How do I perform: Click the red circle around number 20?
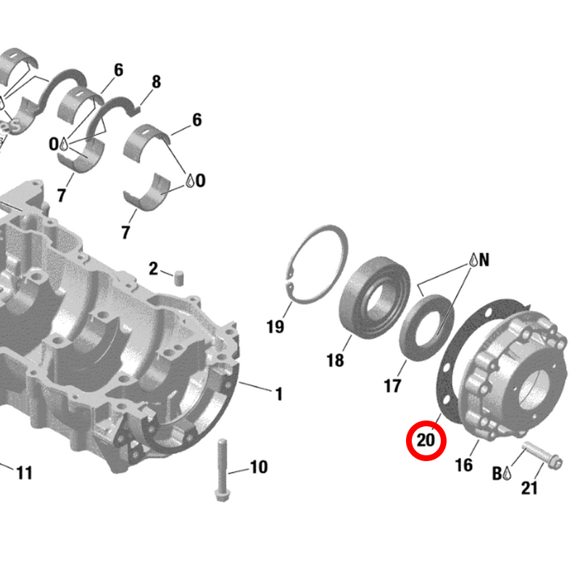click(426, 439)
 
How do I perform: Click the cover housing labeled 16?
click(507, 377)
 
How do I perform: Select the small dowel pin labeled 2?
click(178, 275)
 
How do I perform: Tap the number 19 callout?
click(275, 327)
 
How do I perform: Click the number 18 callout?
click(335, 360)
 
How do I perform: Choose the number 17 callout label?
click(392, 386)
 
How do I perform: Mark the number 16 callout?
click(464, 465)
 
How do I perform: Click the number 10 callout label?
click(259, 467)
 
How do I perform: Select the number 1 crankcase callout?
click(278, 394)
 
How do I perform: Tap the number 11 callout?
click(25, 473)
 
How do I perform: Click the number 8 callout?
click(156, 82)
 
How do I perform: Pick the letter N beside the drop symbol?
click(484, 260)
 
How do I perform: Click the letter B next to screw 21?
click(497, 473)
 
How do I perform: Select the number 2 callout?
click(153, 269)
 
